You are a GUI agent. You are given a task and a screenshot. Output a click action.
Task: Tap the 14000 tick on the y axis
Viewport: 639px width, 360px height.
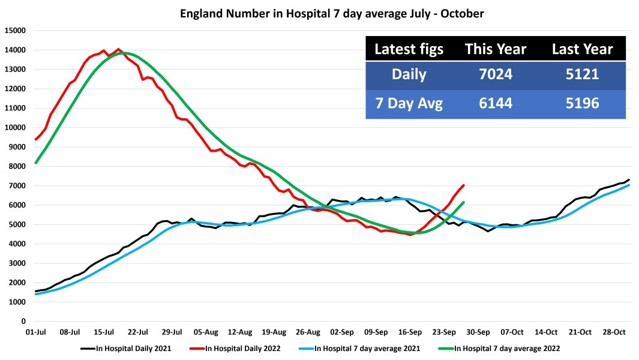click(x=15, y=50)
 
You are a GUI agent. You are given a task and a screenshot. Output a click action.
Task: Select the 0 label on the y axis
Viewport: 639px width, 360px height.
click(x=23, y=322)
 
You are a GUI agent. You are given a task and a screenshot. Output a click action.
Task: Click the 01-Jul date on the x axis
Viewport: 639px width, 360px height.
click(x=37, y=331)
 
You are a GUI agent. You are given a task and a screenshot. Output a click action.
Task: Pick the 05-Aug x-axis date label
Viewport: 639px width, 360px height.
click(x=206, y=331)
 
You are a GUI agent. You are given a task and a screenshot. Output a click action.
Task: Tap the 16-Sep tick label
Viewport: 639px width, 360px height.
click(x=410, y=331)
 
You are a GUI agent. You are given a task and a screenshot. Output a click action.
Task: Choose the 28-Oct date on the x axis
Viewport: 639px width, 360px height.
click(x=614, y=331)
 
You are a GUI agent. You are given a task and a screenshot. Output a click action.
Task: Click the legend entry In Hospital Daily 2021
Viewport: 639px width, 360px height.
click(x=129, y=348)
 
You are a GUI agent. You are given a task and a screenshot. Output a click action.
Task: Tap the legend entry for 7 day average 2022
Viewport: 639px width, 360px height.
click(x=506, y=348)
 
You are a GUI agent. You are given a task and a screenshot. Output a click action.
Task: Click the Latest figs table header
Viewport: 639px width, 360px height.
click(x=409, y=49)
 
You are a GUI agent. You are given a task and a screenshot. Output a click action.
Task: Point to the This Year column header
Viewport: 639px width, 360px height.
click(x=495, y=49)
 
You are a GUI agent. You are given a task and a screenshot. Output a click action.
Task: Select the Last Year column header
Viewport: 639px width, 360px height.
click(x=582, y=49)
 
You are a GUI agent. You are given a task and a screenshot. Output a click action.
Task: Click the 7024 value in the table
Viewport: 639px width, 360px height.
click(x=495, y=75)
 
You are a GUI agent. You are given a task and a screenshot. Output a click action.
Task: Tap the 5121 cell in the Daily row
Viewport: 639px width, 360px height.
click(x=582, y=75)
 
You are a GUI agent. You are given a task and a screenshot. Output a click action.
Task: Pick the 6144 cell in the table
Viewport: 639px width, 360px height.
click(x=495, y=104)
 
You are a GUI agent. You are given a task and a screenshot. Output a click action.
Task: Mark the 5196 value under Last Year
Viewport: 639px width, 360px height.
click(x=582, y=104)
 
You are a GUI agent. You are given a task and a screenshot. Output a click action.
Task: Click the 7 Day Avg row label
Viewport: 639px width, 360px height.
click(x=409, y=104)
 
